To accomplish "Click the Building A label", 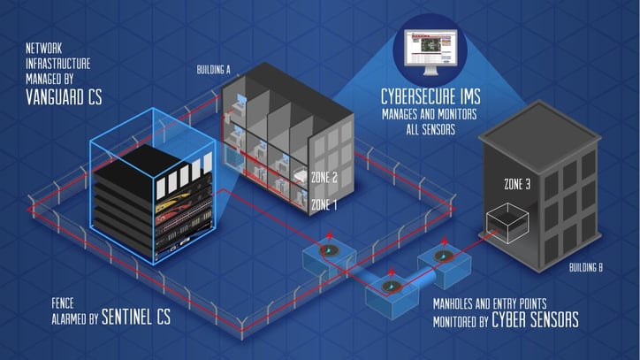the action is [213, 70].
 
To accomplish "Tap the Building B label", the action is [586, 268].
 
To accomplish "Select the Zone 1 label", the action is [324, 204].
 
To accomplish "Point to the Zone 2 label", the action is [324, 178].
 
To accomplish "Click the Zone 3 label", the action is [517, 185].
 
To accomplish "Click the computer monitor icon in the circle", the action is [430, 51].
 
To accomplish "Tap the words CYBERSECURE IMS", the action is [430, 96].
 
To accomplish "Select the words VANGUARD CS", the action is [64, 97].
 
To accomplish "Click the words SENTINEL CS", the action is [136, 317].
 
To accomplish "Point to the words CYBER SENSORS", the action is [535, 319].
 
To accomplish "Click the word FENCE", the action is [63, 303].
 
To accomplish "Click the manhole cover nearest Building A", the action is [330, 250].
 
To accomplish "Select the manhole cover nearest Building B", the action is [443, 257].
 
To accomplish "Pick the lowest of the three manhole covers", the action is [391, 287].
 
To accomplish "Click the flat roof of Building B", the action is [539, 126].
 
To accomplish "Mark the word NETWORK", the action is [44, 49].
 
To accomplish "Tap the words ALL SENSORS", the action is [430, 130].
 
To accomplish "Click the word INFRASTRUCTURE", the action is [58, 64].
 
